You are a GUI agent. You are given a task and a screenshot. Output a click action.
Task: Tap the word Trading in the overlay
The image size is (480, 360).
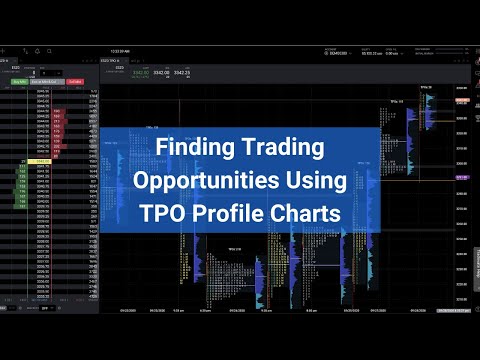[289, 148]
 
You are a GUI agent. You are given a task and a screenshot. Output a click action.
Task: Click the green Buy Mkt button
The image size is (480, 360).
[18, 82]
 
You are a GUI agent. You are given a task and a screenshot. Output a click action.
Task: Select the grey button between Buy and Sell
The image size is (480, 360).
[46, 82]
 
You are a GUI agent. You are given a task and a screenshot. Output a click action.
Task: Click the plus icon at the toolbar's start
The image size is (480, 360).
[4, 50]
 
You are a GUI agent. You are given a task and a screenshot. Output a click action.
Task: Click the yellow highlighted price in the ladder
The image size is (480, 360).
[43, 161]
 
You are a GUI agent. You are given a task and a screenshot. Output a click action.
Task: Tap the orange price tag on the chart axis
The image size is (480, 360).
[462, 100]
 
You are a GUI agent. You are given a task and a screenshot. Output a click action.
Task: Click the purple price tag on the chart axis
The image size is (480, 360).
[462, 177]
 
